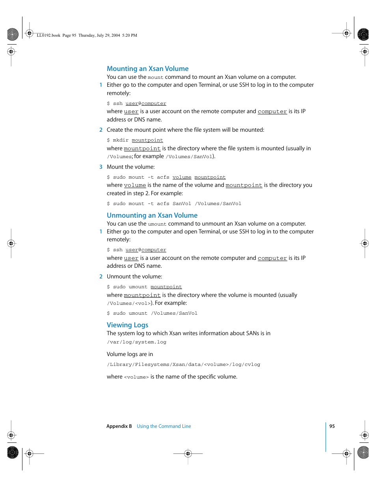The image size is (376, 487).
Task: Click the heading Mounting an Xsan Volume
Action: (147, 69)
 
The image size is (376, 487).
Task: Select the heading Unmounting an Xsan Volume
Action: (152, 215)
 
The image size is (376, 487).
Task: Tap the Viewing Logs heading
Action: (127, 325)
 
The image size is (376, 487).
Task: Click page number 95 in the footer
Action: (332, 426)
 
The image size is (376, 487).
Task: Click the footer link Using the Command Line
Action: (164, 426)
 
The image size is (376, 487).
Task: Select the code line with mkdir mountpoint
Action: (135, 140)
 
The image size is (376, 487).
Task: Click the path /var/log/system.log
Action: (136, 342)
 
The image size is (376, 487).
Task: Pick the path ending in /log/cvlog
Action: (183, 365)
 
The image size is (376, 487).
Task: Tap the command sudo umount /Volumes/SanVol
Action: (152, 313)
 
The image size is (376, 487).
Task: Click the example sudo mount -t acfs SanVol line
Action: (174, 204)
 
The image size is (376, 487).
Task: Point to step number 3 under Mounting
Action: (101, 167)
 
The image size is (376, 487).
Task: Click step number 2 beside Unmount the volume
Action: (101, 277)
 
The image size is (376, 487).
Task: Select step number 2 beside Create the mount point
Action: (101, 130)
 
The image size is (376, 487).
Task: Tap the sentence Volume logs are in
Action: (130, 355)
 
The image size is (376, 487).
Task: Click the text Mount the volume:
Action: (130, 167)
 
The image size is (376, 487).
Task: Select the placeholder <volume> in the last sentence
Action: (136, 377)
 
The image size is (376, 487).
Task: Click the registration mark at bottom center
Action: (188, 453)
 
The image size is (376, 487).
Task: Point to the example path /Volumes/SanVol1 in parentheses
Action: (189, 157)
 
